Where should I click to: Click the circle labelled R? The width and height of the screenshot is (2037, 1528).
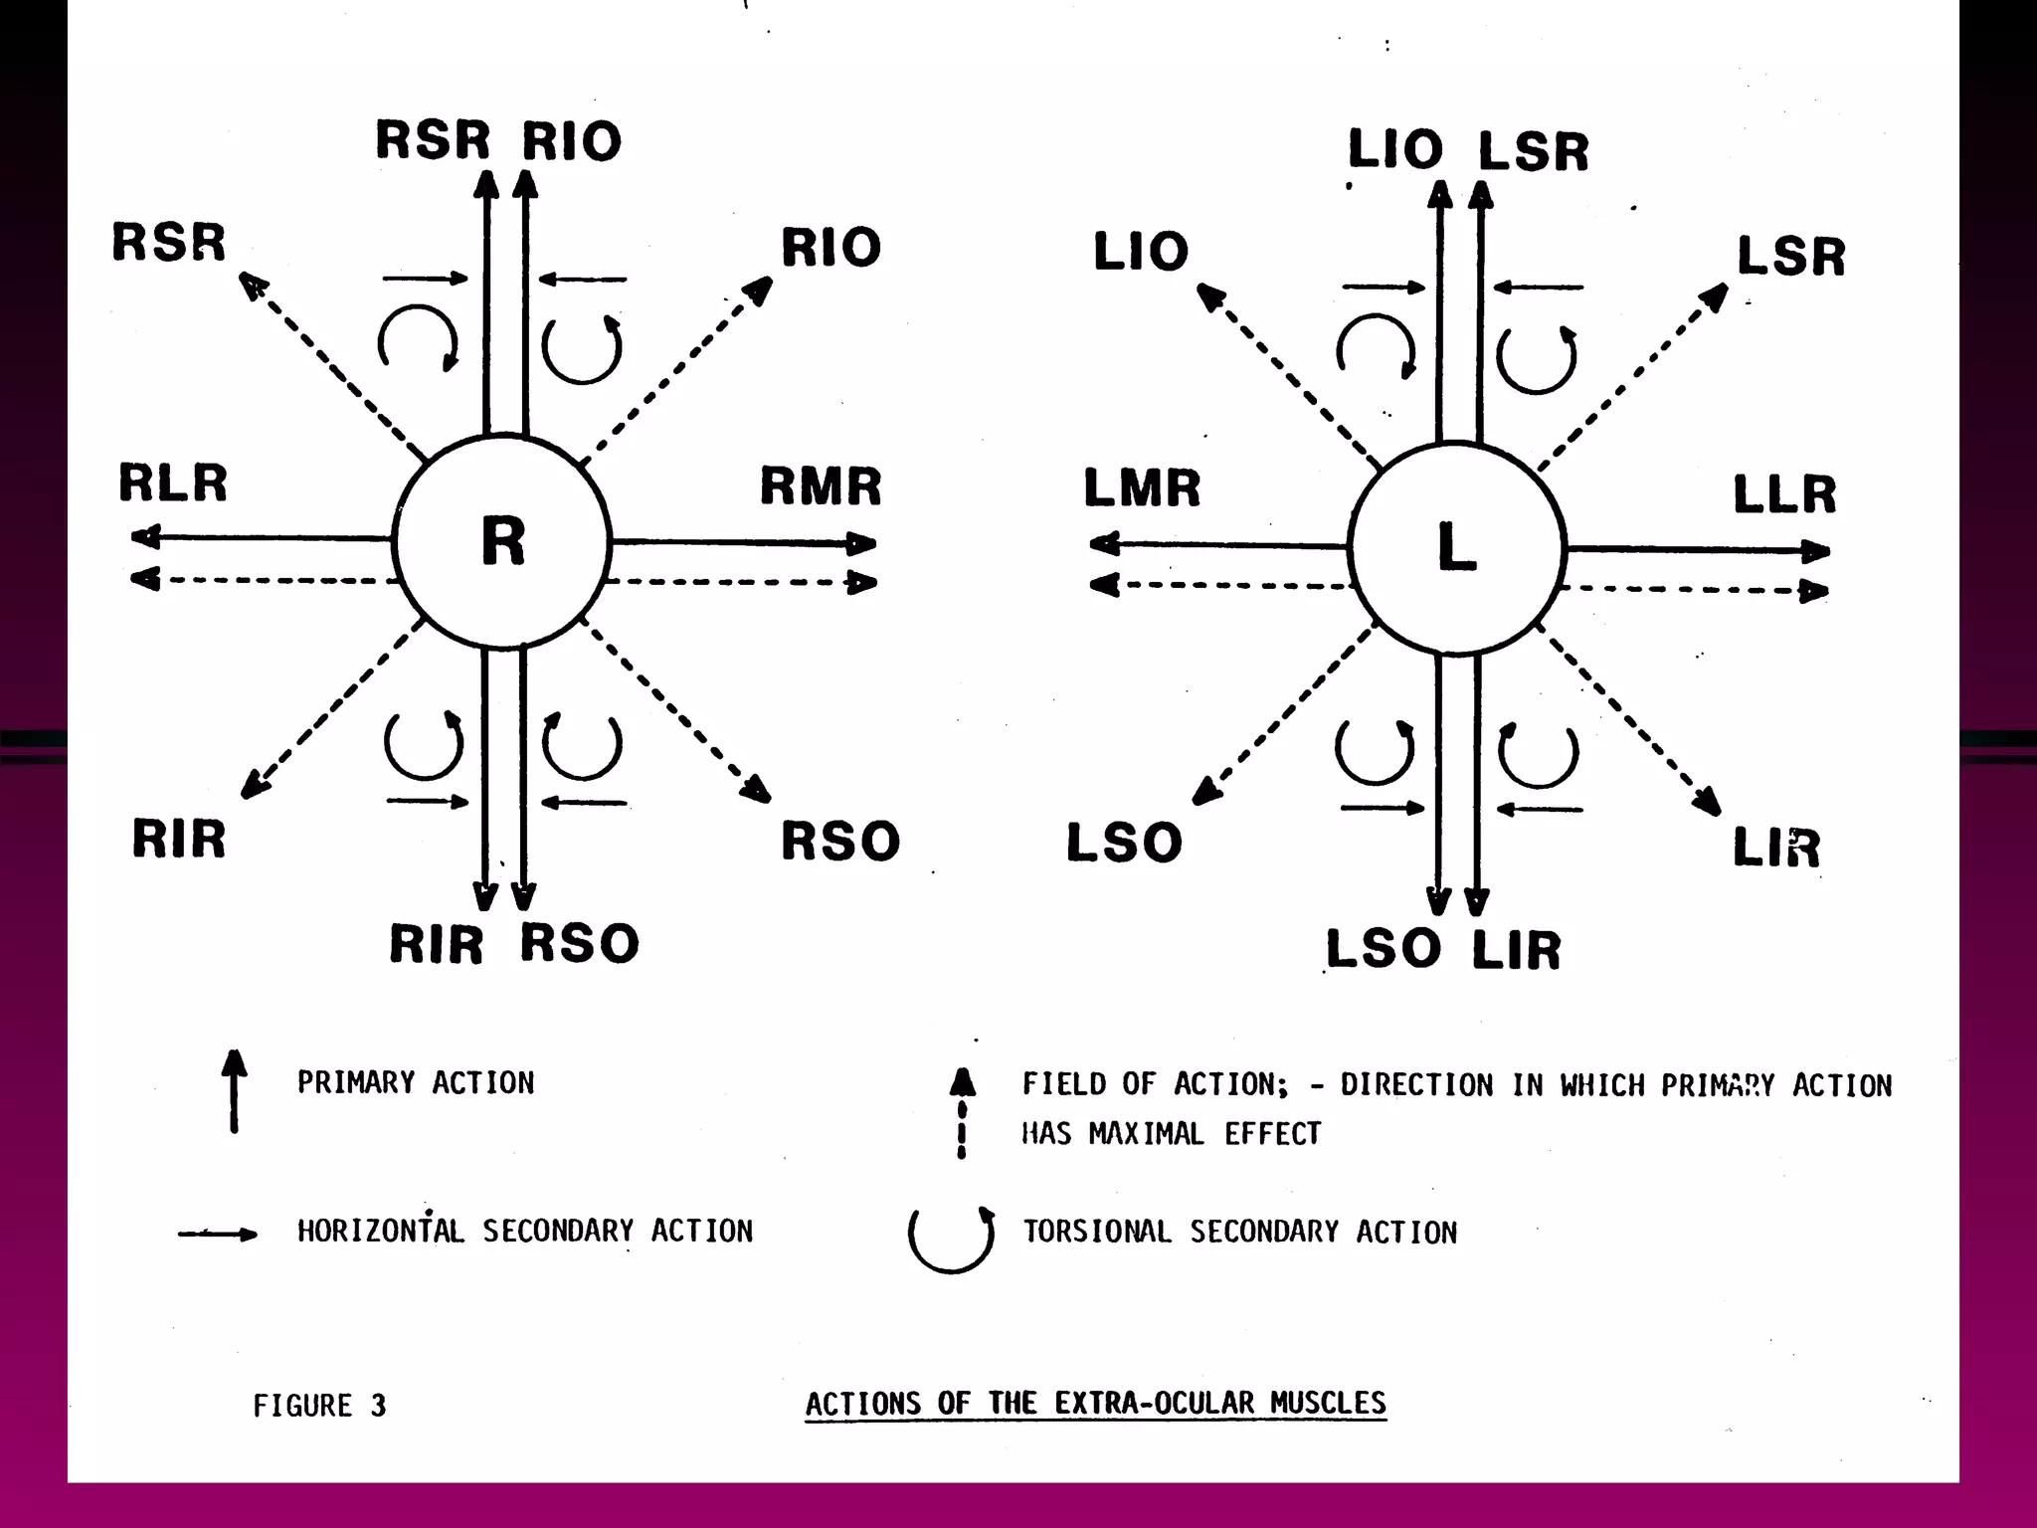pos(502,542)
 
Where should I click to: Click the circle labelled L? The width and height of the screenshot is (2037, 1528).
pos(1457,548)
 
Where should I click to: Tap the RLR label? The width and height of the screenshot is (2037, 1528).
pos(173,483)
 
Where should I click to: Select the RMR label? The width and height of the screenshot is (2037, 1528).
pos(821,487)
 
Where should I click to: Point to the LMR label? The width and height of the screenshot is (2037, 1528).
pos(1142,488)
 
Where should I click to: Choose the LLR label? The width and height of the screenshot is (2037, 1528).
pos(1784,494)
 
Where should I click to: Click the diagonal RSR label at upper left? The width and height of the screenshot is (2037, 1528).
pos(169,243)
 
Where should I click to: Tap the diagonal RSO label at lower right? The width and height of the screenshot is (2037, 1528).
pos(840,842)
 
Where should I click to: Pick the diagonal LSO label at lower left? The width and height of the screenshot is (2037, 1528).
pos(1124,844)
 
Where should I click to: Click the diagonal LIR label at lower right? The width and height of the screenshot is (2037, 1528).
pos(1776,849)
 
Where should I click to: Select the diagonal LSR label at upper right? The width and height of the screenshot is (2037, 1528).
pos(1791,257)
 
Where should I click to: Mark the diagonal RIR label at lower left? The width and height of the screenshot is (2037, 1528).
pos(179,840)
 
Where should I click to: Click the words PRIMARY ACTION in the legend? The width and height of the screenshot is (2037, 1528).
pos(416,1082)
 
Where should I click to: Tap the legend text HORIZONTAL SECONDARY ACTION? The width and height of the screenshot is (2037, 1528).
pos(525,1232)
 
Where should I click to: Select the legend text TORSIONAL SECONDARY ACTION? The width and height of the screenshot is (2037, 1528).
pos(1240,1233)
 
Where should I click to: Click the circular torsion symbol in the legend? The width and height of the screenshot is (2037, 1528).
pos(951,1240)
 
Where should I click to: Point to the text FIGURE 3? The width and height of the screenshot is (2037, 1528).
pos(319,1406)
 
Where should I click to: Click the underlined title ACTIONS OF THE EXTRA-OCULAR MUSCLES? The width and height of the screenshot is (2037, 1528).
pos(1095,1404)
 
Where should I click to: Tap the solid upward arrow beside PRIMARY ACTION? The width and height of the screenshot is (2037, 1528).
pos(234,1091)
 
